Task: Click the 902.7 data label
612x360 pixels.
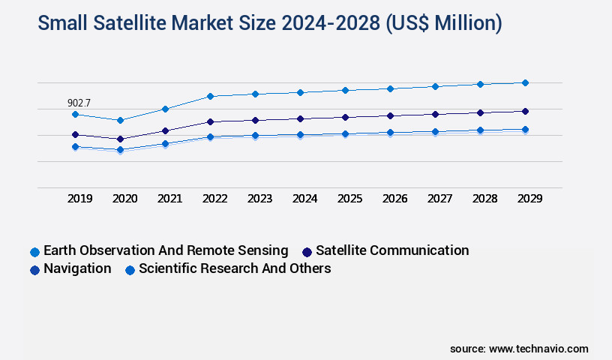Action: (x=80, y=103)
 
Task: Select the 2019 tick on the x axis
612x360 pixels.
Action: (x=80, y=199)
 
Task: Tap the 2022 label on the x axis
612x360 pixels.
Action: (x=215, y=199)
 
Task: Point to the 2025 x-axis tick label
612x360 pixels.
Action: (x=350, y=199)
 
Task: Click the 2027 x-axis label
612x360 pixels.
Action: (x=440, y=199)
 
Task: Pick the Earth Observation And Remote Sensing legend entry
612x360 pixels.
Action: (x=158, y=250)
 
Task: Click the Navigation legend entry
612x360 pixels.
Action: (x=70, y=268)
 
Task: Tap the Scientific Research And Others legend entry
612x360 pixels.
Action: (x=228, y=268)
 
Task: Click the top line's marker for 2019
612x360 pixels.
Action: (x=76, y=114)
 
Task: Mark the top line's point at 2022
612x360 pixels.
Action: (x=211, y=96)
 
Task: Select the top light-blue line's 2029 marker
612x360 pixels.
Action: (x=525, y=82)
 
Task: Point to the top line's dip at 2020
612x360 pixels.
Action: (x=121, y=120)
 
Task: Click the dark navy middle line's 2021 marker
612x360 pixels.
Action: (x=166, y=130)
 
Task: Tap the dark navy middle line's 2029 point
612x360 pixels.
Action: (x=525, y=111)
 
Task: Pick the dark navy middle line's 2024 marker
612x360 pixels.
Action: (x=301, y=118)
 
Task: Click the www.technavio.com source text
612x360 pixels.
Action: (x=538, y=349)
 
